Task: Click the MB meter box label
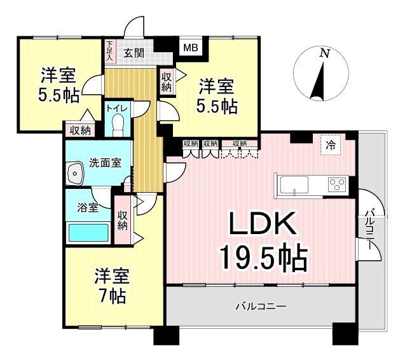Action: coord(191,48)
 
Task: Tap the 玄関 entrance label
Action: coord(134,53)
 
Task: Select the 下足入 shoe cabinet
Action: coord(110,51)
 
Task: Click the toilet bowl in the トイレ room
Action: coord(118,124)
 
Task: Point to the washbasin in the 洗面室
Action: coord(74,173)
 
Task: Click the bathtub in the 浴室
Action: coord(88,233)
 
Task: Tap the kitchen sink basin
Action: coord(294,184)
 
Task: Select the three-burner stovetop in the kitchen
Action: coord(336,185)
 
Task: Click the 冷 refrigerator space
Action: coord(331,145)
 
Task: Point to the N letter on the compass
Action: coord(324,53)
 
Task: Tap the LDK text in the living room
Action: coord(262,223)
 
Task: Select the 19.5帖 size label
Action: coord(263,257)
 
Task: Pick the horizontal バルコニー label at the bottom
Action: coord(261,307)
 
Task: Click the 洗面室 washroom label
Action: coord(105,163)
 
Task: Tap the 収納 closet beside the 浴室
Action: coord(123,220)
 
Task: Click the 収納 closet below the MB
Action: coord(167,82)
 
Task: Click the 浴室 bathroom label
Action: coord(88,207)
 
